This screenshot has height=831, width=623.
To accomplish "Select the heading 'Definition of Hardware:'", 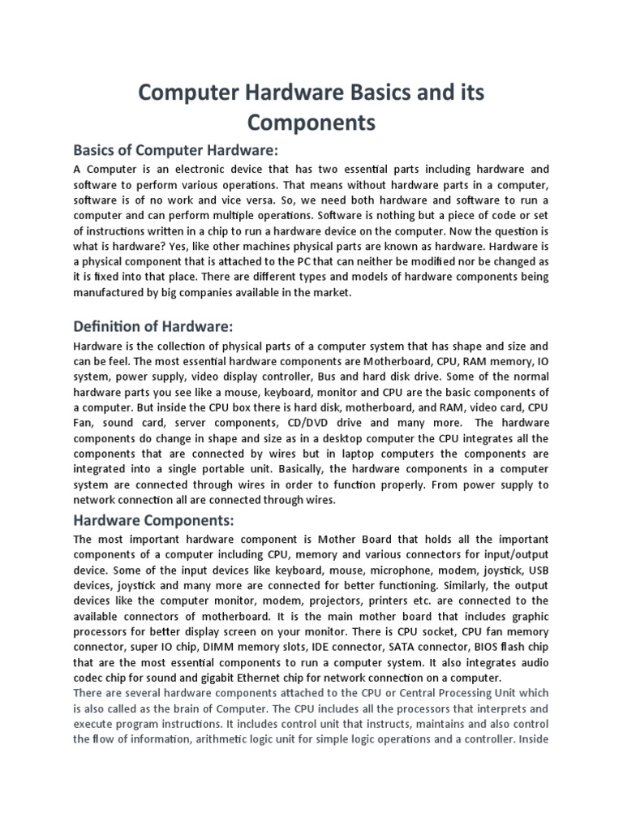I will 153,326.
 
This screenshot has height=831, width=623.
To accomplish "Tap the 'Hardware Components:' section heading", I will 156,519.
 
